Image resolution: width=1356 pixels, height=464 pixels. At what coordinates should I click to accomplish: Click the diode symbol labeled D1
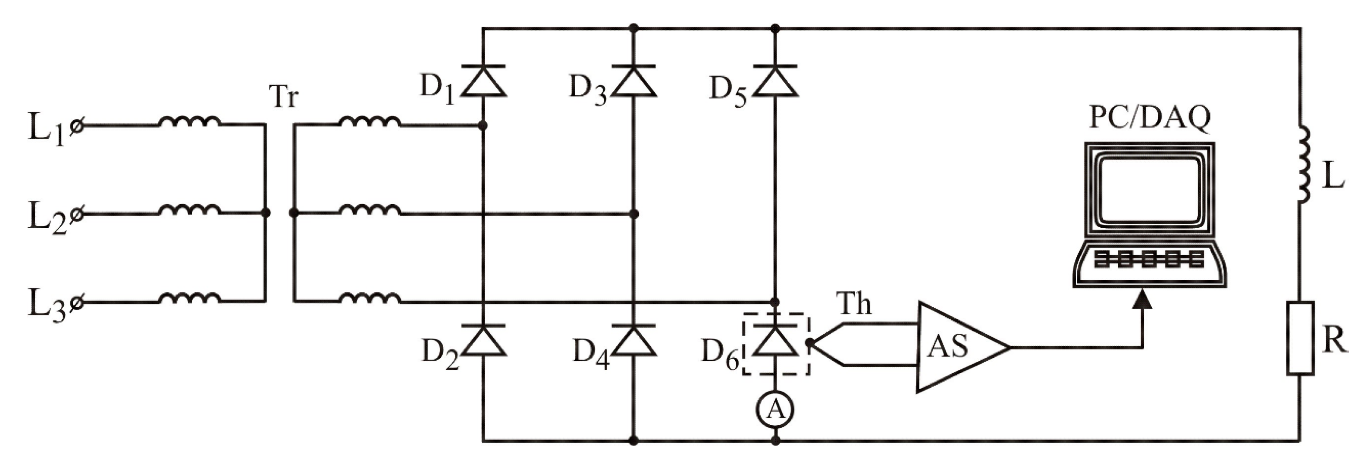[483, 82]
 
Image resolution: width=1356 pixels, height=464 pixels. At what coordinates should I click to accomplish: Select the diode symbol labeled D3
[633, 82]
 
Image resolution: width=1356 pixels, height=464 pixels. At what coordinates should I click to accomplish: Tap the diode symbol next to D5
[774, 82]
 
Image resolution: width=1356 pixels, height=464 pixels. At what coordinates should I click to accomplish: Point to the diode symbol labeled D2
[483, 341]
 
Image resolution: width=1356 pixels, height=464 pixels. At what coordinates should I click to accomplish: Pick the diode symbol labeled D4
[633, 341]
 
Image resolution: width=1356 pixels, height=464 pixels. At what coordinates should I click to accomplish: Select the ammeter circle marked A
[775, 409]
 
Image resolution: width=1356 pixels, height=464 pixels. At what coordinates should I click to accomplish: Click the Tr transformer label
[283, 97]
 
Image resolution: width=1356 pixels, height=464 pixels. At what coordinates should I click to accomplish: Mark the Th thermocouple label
[854, 304]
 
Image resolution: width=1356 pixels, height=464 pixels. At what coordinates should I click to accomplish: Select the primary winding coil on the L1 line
[189, 122]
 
